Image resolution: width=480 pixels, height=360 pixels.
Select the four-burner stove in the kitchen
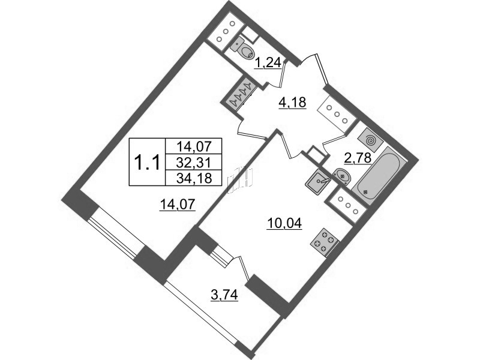325,241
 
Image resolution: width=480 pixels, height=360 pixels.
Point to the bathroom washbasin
342,176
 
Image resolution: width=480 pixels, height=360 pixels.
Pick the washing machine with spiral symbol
370,140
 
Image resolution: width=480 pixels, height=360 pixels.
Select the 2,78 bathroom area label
358,158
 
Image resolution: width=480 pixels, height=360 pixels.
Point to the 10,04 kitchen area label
284,224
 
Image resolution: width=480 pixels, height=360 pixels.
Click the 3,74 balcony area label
224,295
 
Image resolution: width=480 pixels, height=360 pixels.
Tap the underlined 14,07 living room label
177,204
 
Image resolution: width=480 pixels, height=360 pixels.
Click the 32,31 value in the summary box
194,162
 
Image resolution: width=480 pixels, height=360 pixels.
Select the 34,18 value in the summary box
194,178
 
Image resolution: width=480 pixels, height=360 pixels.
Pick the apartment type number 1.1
148,162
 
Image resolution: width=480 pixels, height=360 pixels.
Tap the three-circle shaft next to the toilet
226,31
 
